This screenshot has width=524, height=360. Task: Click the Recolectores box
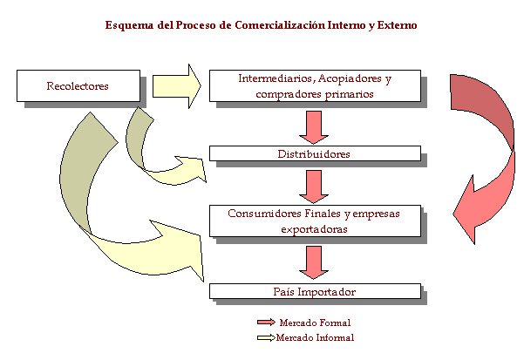(78, 85)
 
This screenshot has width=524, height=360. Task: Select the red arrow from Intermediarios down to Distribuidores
(313, 125)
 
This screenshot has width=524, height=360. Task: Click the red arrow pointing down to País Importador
(313, 261)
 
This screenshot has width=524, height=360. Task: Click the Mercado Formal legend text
(310, 323)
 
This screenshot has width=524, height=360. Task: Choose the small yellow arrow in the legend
(262, 337)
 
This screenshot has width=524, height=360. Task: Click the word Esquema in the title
(128, 25)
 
